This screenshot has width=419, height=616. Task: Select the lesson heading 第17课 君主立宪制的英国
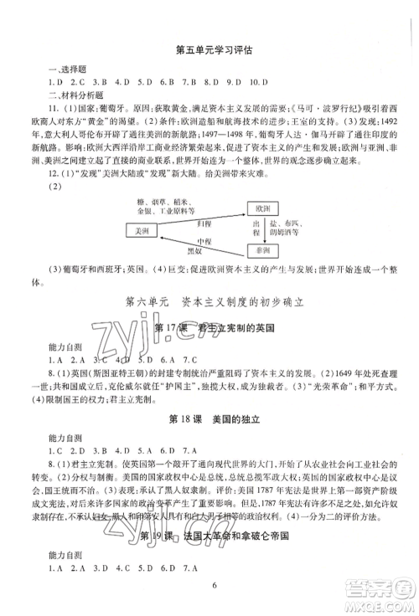209,326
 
